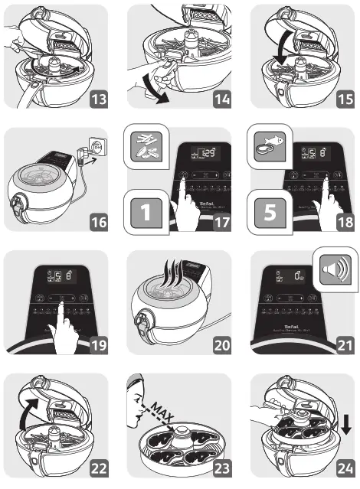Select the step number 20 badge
221,345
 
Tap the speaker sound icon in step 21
335,270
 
